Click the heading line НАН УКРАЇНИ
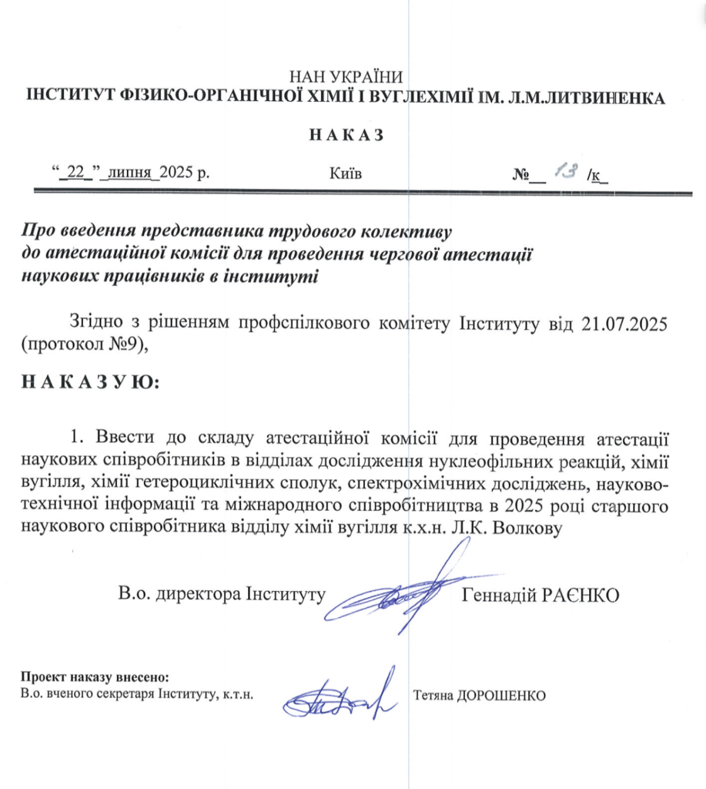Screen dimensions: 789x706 (346, 77)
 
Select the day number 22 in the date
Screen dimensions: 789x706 (75, 173)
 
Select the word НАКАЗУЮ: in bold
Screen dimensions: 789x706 (90, 382)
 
